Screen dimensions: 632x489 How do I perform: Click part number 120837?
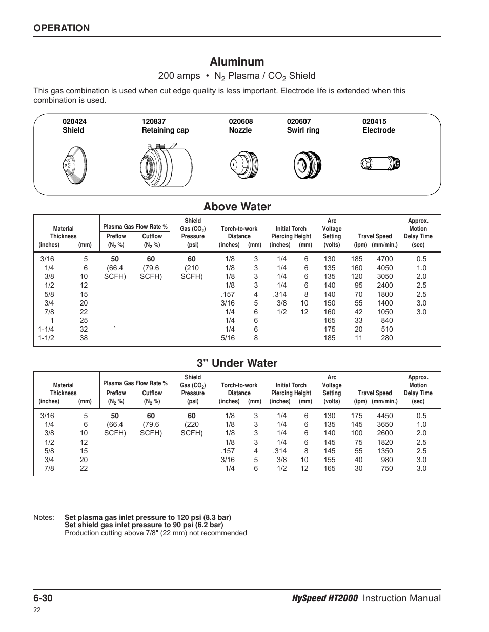click(154, 122)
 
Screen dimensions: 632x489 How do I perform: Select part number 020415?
click(374, 122)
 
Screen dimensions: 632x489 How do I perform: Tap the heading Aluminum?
click(237, 62)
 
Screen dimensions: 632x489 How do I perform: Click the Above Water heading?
click(237, 207)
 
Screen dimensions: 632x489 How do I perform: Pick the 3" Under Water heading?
click(237, 363)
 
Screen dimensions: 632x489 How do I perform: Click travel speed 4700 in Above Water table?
click(384, 259)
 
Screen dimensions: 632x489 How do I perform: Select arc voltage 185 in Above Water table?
click(330, 338)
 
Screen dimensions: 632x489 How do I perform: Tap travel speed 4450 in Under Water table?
click(384, 416)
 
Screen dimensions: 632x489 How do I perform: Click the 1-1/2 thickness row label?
click(46, 338)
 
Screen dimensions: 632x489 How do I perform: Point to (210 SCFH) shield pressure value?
click(192, 272)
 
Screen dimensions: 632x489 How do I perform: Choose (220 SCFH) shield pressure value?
click(192, 429)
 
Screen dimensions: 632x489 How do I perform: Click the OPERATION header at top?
click(62, 28)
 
